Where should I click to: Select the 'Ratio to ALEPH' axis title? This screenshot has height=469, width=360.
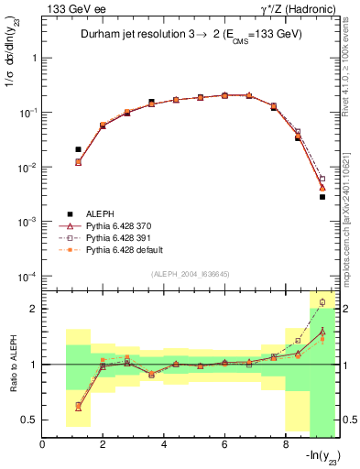[12, 364]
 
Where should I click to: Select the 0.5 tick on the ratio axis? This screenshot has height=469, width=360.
[30, 420]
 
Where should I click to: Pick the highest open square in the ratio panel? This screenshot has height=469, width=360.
[322, 301]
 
